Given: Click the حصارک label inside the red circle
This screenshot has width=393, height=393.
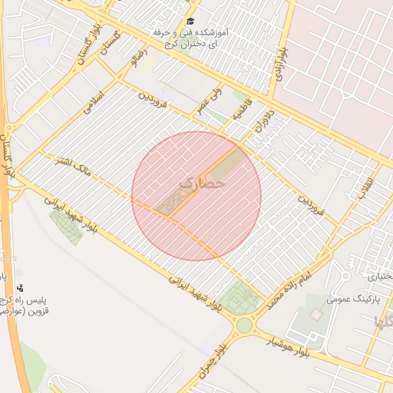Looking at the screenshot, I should [203, 184].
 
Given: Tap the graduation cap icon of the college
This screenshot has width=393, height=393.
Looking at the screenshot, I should [191, 21].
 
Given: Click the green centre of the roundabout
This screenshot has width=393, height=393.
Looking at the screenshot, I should [244, 325].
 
